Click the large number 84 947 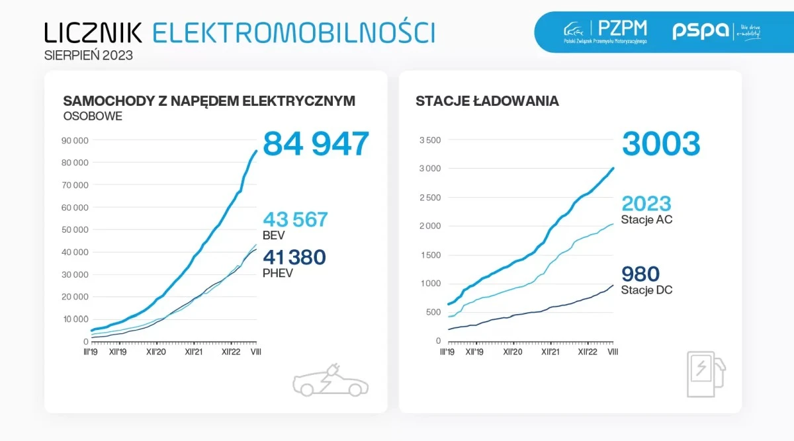coord(316,144)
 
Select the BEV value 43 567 coord(295,220)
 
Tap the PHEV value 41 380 coord(295,257)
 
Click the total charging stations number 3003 coord(660,144)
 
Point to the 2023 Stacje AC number coord(646,203)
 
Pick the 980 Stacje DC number coord(640,274)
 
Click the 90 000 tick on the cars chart coord(75,140)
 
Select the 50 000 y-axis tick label coord(75,230)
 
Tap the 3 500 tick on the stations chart coord(430,140)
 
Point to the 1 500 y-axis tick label coord(430,255)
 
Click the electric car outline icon coord(331,380)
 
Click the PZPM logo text coord(622,28)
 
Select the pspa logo coord(700,31)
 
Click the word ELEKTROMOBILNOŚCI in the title coord(293,32)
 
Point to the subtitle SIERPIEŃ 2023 coord(89,56)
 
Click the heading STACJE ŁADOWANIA coord(487,101)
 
